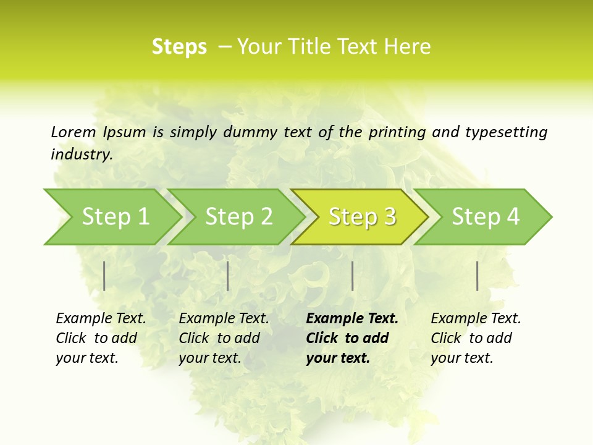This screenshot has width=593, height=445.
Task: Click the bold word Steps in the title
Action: (179, 47)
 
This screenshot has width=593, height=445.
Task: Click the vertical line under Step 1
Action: (104, 276)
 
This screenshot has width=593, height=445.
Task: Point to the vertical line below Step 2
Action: (228, 276)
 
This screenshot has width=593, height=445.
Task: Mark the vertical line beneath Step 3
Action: (352, 276)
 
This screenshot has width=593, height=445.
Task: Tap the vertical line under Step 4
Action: (477, 276)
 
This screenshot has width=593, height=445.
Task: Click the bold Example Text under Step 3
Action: (352, 319)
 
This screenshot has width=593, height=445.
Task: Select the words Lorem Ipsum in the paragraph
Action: (98, 132)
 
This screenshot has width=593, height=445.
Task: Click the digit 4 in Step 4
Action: (513, 217)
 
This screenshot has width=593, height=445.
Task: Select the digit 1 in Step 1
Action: (143, 217)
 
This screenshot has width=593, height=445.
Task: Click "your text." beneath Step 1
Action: (86, 358)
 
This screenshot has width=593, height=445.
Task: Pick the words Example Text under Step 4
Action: (476, 319)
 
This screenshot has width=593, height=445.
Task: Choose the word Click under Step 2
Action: (194, 339)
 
